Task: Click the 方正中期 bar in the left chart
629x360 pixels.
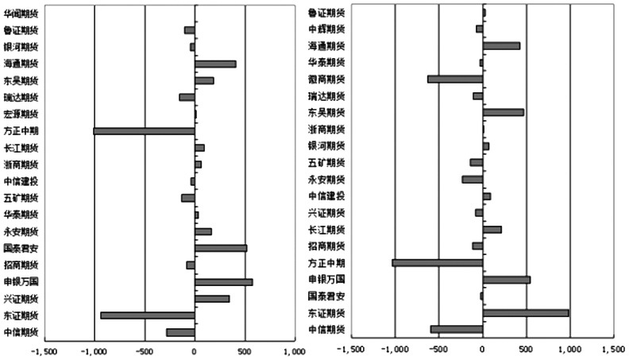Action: point(144,130)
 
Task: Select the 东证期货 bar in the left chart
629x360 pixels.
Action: point(148,315)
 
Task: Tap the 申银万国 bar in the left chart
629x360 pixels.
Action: point(223,282)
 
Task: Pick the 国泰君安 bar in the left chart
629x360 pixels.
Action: point(221,248)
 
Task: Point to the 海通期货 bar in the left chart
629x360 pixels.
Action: point(215,64)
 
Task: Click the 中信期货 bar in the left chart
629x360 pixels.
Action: point(180,332)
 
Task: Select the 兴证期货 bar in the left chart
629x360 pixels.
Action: point(212,299)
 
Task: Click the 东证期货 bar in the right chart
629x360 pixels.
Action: point(526,313)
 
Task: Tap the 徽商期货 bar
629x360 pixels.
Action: point(455,79)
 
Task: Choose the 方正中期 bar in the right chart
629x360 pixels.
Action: point(438,262)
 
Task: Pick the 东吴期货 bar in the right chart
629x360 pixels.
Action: point(504,112)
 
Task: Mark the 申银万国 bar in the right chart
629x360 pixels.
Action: point(507,280)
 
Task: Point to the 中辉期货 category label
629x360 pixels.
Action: point(326,29)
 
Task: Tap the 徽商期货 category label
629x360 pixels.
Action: point(326,79)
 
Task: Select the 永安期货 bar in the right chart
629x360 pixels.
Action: point(473,179)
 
